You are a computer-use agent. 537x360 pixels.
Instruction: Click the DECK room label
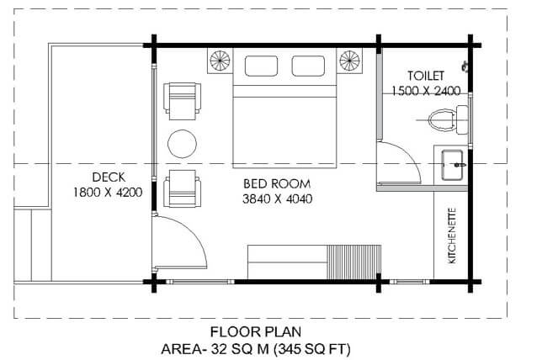click(109, 177)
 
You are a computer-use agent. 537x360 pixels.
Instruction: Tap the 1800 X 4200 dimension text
click(108, 193)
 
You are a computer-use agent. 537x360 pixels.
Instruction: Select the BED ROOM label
click(277, 183)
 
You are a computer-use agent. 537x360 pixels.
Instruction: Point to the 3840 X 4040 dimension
click(278, 199)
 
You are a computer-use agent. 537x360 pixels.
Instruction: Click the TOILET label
click(426, 76)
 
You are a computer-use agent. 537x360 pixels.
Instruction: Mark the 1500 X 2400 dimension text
click(426, 91)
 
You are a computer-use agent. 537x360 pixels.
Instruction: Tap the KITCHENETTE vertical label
click(452, 236)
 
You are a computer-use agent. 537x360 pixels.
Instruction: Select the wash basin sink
click(452, 165)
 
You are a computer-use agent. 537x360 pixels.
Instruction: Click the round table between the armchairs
click(182, 144)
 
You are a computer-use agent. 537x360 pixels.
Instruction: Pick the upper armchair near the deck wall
click(182, 101)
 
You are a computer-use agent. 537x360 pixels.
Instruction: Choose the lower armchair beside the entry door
click(182, 188)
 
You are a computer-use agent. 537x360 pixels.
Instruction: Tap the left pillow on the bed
click(261, 66)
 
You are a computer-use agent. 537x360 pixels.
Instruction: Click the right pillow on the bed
click(308, 66)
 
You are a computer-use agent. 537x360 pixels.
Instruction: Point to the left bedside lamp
click(220, 61)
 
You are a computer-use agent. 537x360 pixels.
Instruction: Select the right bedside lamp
click(349, 61)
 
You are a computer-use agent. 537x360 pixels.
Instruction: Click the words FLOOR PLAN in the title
click(256, 332)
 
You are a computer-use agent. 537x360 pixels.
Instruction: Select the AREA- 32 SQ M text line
click(256, 350)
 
